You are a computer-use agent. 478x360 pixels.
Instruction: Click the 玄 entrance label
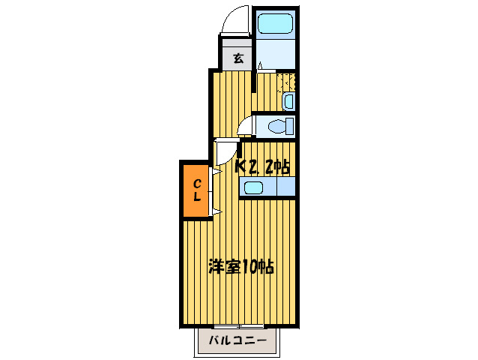pyautogui.click(x=238, y=57)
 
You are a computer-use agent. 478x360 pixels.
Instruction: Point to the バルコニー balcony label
pyautogui.click(x=238, y=341)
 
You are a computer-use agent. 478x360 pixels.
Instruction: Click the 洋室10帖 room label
pyautogui.click(x=240, y=266)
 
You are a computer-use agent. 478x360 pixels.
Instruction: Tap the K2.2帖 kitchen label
pyautogui.click(x=263, y=166)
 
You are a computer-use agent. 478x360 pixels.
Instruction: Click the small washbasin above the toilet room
pyautogui.click(x=288, y=100)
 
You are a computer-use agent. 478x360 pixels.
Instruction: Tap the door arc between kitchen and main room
pyautogui.click(x=223, y=153)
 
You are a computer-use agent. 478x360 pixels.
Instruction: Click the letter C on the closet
pyautogui.click(x=197, y=183)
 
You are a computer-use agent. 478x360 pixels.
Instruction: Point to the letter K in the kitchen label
pyautogui.click(x=241, y=166)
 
